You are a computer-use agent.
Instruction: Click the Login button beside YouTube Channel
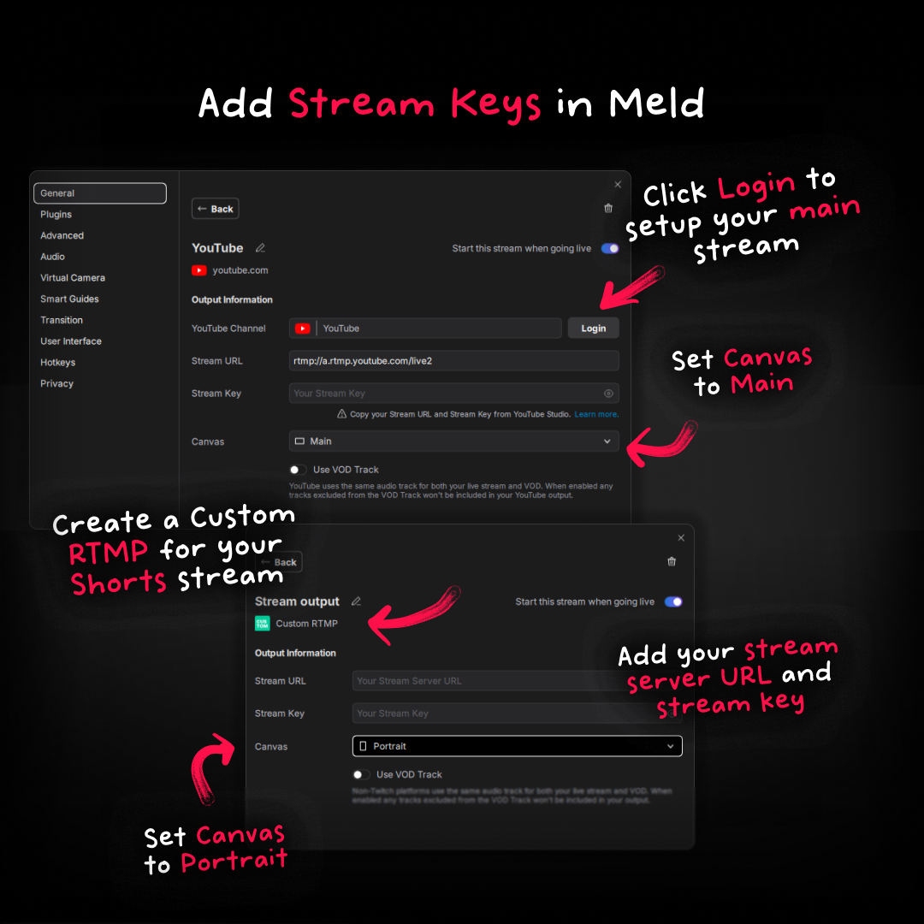pyautogui.click(x=593, y=329)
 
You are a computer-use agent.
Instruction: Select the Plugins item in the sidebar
pyautogui.click(x=56, y=215)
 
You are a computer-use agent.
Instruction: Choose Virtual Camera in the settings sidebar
pyautogui.click(x=73, y=278)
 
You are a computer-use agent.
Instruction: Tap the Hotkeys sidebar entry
pyautogui.click(x=58, y=363)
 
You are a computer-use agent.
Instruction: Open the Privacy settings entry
pyautogui.click(x=57, y=384)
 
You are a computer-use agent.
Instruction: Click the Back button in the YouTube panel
pyautogui.click(x=215, y=209)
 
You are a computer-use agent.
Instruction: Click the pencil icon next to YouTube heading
pyautogui.click(x=260, y=248)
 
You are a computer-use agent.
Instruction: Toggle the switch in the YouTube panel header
pyautogui.click(x=610, y=248)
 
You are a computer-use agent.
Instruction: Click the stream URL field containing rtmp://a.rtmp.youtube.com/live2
pyautogui.click(x=453, y=361)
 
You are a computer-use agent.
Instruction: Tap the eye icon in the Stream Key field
pyautogui.click(x=608, y=394)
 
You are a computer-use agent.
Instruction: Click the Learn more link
pyautogui.click(x=596, y=414)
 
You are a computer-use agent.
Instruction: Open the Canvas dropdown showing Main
pyautogui.click(x=453, y=441)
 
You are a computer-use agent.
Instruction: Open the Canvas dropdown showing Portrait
pyautogui.click(x=517, y=746)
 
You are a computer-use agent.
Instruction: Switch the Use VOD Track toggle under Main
pyautogui.click(x=298, y=470)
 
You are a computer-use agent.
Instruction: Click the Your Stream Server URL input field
pyautogui.click(x=517, y=681)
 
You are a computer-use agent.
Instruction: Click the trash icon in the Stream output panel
pyautogui.click(x=672, y=561)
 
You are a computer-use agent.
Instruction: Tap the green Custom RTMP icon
pyautogui.click(x=262, y=624)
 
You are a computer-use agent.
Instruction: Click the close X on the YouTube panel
pyautogui.click(x=618, y=185)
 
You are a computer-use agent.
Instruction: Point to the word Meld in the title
pyautogui.click(x=656, y=104)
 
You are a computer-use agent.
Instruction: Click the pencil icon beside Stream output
pyautogui.click(x=356, y=601)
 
